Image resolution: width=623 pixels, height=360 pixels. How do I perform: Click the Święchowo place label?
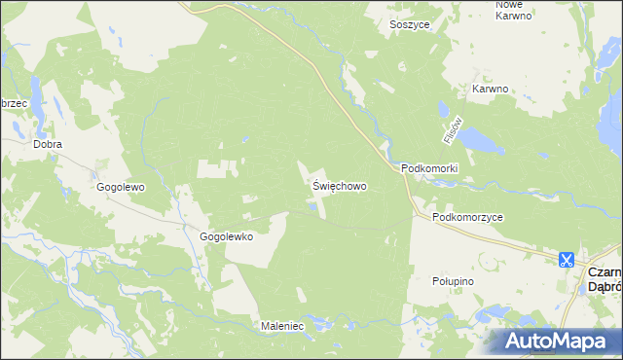point(340,184)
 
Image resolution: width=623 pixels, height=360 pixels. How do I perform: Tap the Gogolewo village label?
point(121,186)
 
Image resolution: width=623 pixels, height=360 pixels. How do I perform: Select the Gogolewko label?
point(227,236)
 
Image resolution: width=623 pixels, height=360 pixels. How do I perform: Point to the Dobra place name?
point(47,144)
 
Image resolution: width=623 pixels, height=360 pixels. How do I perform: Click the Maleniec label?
point(282,326)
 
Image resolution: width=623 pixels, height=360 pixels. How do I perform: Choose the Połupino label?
point(452,280)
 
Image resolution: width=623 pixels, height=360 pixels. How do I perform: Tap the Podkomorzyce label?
point(468,218)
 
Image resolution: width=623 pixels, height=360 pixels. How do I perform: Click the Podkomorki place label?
point(429,168)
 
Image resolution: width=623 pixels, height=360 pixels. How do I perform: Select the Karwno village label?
point(492,89)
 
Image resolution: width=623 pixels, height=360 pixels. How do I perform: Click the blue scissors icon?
point(566,260)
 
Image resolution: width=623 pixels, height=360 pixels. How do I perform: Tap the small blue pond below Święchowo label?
point(313,205)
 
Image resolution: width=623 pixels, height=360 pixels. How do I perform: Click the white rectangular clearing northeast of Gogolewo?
point(216,168)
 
